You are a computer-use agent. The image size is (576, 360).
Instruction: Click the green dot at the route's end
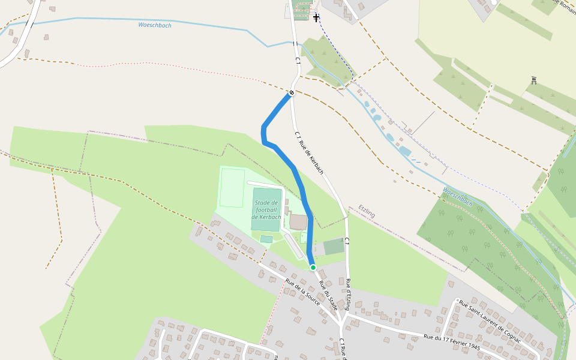coord(313,268)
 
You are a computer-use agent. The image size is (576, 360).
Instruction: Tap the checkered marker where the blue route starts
coord(291,92)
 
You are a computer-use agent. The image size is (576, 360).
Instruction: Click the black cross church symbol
coord(316,18)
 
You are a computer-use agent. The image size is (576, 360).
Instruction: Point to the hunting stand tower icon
coord(533,80)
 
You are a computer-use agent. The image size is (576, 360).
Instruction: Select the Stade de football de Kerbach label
coord(266,210)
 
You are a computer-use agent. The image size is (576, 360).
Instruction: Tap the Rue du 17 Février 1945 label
coord(452,343)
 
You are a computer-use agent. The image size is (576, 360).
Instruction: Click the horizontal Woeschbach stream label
coord(155,25)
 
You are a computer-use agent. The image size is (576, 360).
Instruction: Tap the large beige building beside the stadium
coord(298,222)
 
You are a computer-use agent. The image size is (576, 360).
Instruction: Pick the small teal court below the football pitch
coord(266,239)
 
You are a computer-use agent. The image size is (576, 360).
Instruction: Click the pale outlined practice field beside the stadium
coord(232,188)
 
